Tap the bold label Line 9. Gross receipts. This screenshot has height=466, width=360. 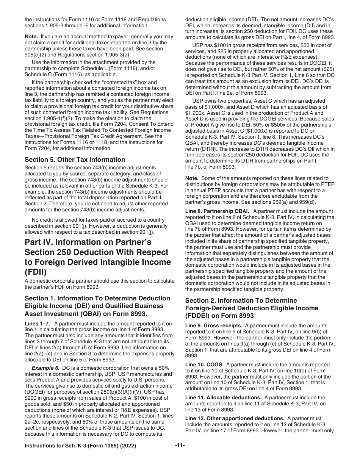(214, 325)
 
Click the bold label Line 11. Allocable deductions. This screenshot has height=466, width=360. (223, 397)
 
